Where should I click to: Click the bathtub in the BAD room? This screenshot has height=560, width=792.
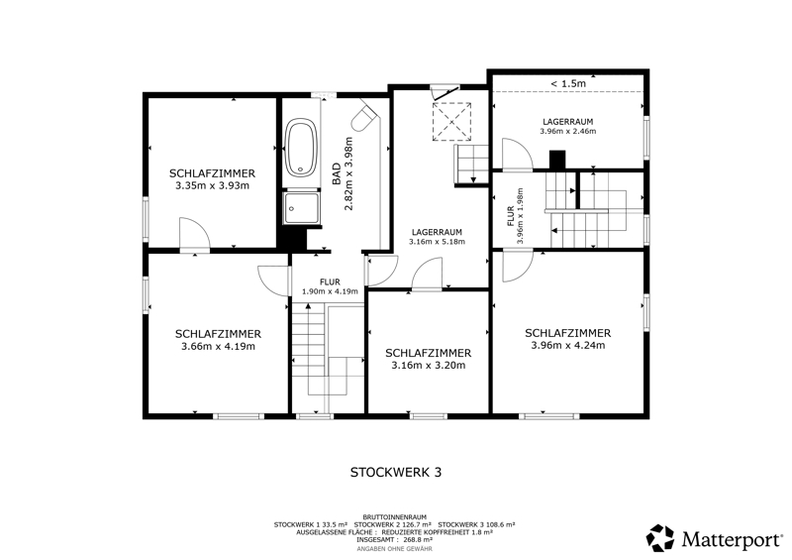(x=301, y=148)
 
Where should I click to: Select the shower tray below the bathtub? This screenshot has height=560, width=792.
(x=301, y=207)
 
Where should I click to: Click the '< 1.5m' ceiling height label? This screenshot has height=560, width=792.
(x=567, y=83)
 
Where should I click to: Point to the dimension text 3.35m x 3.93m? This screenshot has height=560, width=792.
(x=212, y=185)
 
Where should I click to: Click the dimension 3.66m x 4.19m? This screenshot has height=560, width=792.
(x=218, y=347)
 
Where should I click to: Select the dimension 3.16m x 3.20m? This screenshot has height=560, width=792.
(x=428, y=366)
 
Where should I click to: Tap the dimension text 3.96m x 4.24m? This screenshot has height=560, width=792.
(x=567, y=346)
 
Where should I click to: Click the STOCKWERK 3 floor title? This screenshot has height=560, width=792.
(x=396, y=472)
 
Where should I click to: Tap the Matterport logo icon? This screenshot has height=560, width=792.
(x=660, y=538)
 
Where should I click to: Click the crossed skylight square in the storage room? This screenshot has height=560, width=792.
(x=451, y=121)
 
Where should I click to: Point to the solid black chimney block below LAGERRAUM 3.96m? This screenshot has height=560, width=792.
(x=557, y=160)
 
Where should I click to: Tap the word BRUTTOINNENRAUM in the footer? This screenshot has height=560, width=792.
(x=394, y=517)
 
